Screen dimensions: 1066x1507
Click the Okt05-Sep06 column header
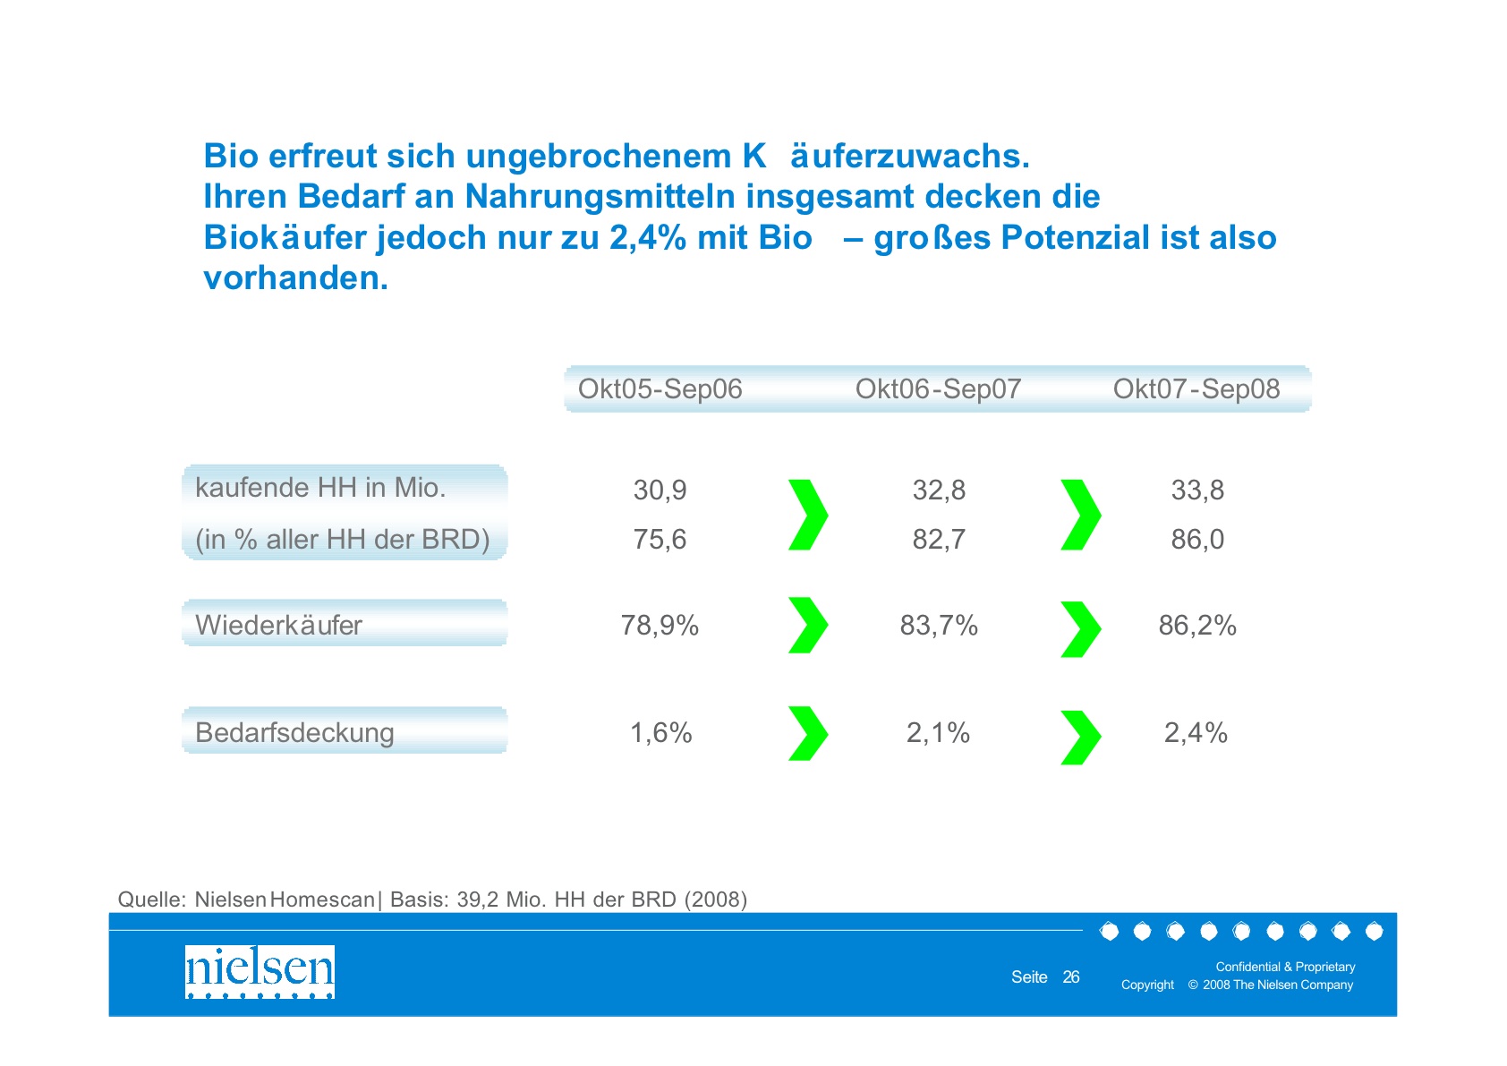click(660, 389)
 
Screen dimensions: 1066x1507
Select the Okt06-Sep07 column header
click(938, 389)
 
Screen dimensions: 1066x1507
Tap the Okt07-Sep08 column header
click(1196, 389)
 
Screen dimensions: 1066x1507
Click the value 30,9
click(660, 490)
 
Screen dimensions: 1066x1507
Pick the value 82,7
click(939, 540)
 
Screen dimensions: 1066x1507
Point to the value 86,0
click(1197, 540)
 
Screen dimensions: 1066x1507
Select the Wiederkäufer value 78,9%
click(660, 626)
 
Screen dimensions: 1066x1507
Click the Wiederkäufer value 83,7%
click(939, 626)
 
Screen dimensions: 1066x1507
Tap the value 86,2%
click(1197, 626)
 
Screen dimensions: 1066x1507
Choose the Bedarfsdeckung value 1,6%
click(660, 733)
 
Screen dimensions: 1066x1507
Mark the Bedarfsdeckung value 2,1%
click(938, 733)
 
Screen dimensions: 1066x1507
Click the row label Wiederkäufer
click(278, 625)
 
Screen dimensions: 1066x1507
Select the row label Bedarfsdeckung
click(294, 733)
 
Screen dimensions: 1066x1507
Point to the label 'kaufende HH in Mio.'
click(320, 488)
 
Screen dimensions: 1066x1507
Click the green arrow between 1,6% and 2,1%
click(807, 733)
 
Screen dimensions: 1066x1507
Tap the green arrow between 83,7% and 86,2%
click(1080, 628)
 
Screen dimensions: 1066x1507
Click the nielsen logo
click(260, 971)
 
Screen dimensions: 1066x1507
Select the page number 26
click(1071, 977)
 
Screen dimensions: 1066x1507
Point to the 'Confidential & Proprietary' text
click(1285, 967)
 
